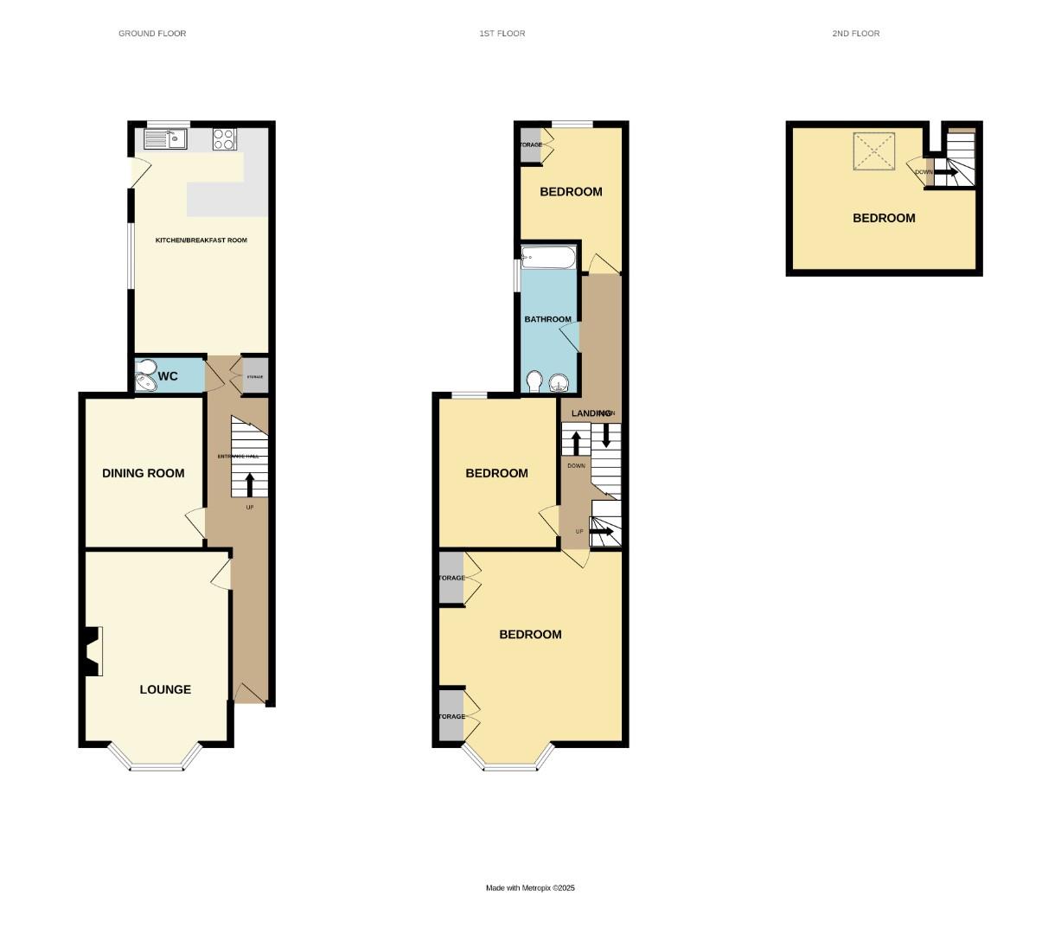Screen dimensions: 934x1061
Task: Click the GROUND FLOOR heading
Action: [x=152, y=34]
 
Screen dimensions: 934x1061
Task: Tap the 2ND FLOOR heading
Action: [x=855, y=34]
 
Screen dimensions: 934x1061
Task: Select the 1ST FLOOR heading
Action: [x=502, y=34]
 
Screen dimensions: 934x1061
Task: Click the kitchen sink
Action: [x=164, y=138]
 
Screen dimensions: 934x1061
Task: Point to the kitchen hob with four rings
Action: [x=224, y=138]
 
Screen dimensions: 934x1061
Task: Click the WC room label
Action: [x=169, y=376]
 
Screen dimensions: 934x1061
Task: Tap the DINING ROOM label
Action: [x=144, y=473]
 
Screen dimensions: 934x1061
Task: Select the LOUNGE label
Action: [x=165, y=689]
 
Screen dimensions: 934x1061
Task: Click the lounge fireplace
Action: [x=92, y=650]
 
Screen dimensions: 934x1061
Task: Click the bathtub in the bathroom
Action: [x=548, y=257]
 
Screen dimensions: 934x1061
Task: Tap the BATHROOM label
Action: [x=548, y=319]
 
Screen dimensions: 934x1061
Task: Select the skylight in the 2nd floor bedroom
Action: [x=875, y=151]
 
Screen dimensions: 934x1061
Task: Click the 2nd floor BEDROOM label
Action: [x=884, y=218]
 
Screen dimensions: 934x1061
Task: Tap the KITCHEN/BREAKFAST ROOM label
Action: [x=201, y=240]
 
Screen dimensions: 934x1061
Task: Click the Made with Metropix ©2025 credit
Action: [x=530, y=888]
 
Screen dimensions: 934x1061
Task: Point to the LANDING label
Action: [x=591, y=413]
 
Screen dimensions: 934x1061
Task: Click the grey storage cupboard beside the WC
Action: [x=254, y=377]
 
